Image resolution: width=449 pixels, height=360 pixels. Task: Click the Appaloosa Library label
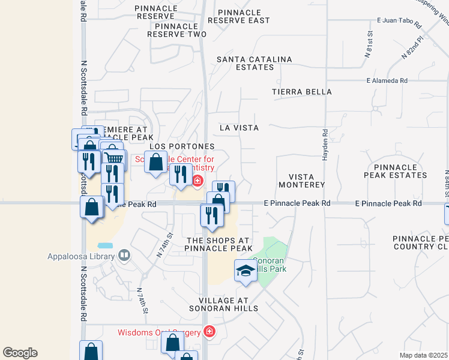coord(82,256)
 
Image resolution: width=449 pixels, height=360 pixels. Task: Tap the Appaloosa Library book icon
coord(124,256)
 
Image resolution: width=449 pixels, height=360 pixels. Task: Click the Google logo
coord(20,353)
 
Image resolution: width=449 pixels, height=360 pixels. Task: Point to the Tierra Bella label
coord(301,92)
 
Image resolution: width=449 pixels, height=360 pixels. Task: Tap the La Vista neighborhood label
coord(239,128)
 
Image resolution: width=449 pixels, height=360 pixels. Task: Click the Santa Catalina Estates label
coord(254,63)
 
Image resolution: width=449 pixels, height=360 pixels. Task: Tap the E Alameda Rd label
coord(387,80)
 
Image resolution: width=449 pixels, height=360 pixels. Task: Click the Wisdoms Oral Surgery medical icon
coord(209,332)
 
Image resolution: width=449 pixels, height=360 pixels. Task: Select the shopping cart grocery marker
coord(114,159)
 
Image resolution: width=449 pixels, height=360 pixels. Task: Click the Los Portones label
coord(182,146)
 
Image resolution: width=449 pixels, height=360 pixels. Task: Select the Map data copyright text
coord(423,355)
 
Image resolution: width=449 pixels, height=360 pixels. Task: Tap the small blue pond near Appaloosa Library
coord(104,246)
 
